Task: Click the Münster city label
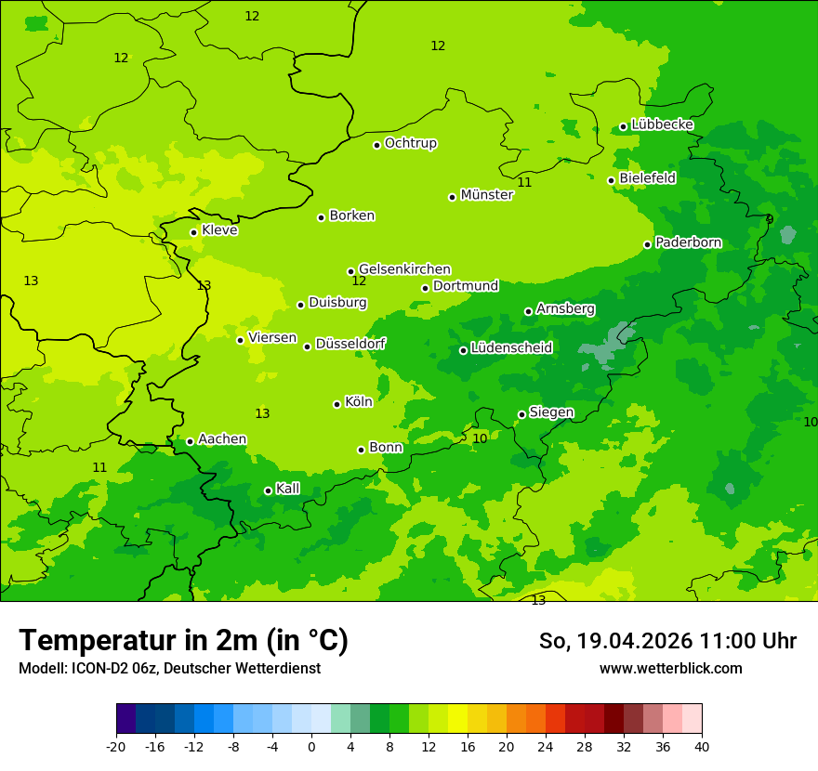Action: (486, 195)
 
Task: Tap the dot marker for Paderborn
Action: (647, 244)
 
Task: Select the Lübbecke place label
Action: (662, 124)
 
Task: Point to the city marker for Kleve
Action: (193, 232)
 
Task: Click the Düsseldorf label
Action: (350, 344)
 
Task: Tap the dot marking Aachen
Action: (190, 441)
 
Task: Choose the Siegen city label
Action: (551, 412)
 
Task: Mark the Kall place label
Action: (288, 489)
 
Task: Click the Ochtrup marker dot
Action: (376, 144)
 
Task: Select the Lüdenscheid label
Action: (511, 348)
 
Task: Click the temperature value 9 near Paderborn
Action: (769, 220)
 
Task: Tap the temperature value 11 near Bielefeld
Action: (524, 183)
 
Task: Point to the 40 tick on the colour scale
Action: (701, 747)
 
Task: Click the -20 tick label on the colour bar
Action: (116, 747)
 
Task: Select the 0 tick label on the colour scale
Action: (311, 747)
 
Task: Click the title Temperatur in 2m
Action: (183, 641)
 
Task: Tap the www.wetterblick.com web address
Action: (670, 669)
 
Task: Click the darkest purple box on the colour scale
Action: (125, 719)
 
